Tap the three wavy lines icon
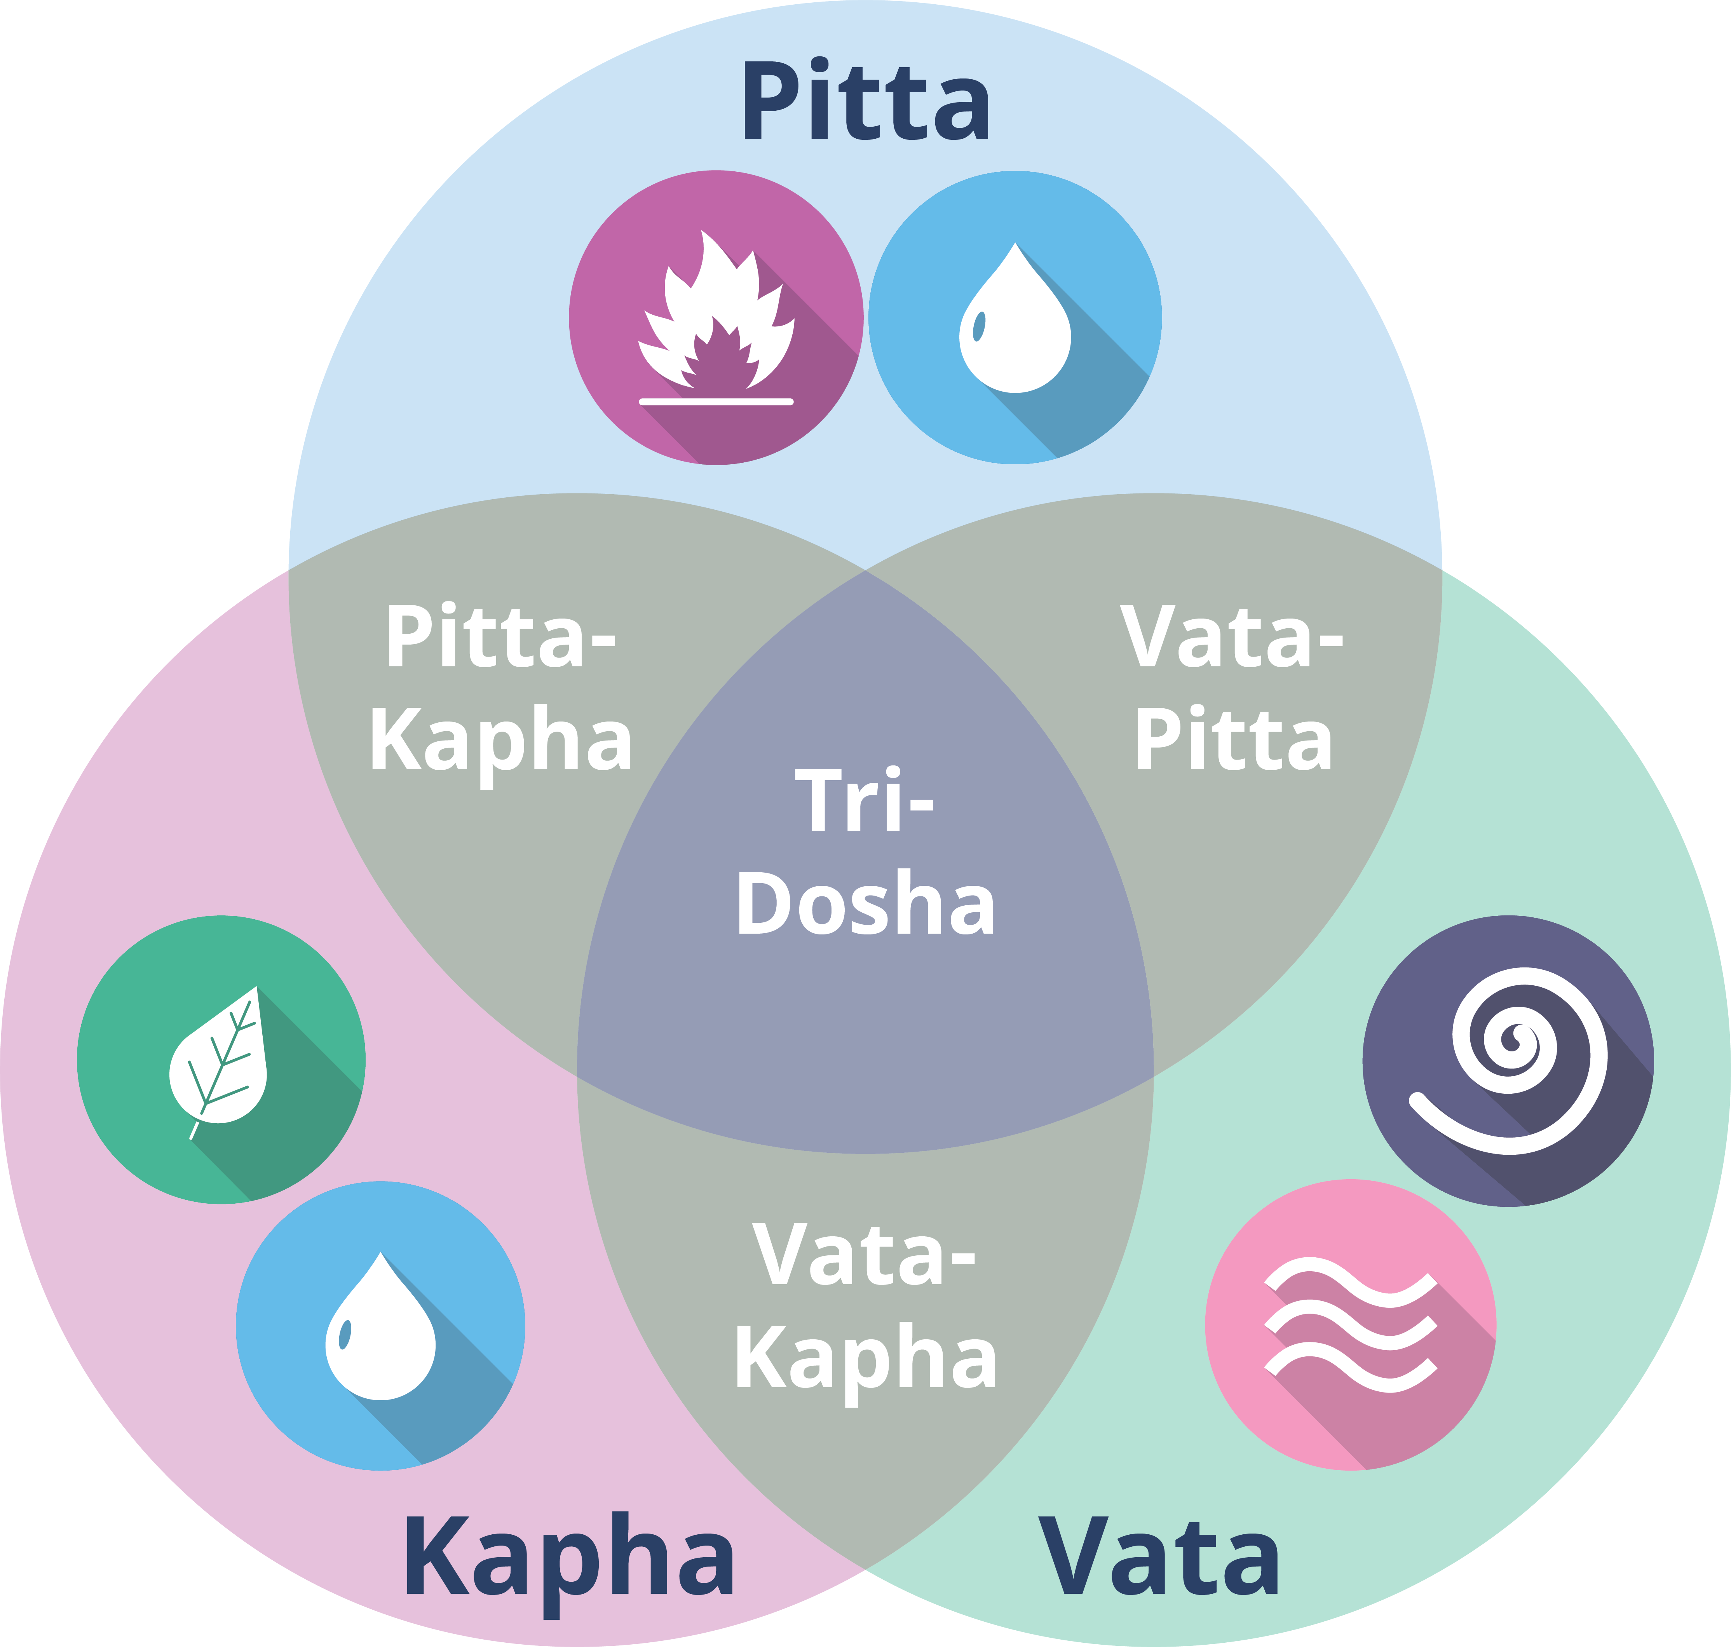point(1350,1326)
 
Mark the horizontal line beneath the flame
point(715,401)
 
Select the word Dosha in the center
point(866,904)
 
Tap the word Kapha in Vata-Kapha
point(866,1359)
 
